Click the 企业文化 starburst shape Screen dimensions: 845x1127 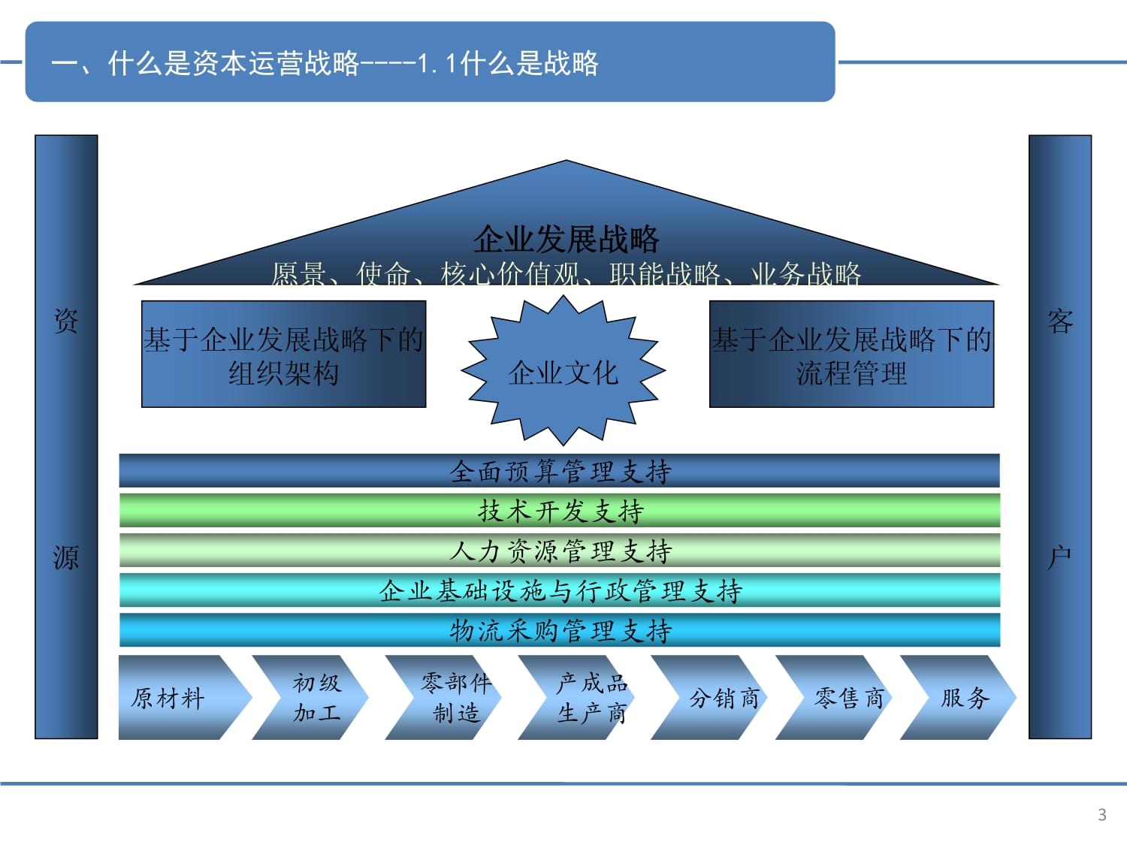point(563,372)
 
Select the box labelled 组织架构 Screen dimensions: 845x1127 point(283,355)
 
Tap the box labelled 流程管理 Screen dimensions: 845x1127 point(851,355)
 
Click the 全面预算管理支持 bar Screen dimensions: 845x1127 point(560,471)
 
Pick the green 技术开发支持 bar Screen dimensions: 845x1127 point(560,511)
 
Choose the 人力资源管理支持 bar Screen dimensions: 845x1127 point(560,551)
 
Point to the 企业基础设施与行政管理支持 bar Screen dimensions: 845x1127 point(560,590)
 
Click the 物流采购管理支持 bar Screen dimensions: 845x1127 point(560,630)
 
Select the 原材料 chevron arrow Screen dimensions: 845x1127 point(177,698)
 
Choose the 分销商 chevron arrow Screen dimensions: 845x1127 point(714,698)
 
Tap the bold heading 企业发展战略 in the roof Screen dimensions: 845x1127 point(566,240)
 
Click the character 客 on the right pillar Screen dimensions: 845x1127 point(1059,321)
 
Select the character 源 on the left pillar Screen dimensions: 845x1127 point(66,557)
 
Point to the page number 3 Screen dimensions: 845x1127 point(1101,815)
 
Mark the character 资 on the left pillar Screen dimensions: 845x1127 point(66,321)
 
